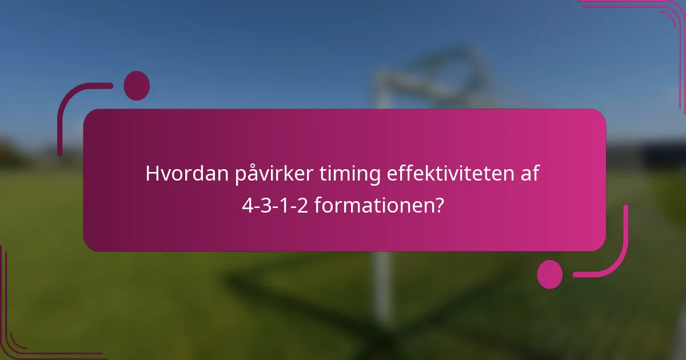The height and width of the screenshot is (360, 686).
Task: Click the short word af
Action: coord(529,174)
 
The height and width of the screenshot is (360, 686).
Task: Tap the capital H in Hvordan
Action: coord(151,174)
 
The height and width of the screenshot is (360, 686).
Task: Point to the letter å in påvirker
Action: coord(251,173)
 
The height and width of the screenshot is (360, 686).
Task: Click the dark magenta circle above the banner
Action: coord(137,86)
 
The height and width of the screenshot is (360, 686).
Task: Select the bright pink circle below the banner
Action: coord(549,274)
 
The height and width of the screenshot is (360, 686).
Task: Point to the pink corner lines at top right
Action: coord(657,17)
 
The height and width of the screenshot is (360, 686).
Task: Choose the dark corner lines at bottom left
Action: coord(23,337)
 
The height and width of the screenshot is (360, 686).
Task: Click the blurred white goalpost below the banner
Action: coord(381,286)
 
